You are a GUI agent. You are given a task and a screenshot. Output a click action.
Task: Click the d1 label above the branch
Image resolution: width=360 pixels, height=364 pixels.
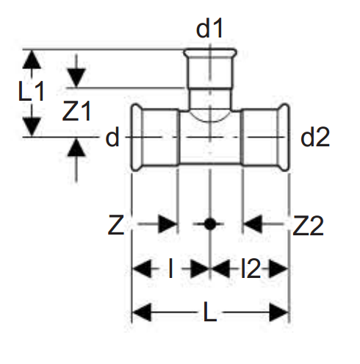(x=209, y=28)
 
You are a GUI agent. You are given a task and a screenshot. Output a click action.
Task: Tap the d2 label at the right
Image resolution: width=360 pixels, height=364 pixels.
(x=315, y=138)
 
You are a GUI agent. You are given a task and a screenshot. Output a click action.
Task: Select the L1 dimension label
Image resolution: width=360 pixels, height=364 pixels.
(x=32, y=91)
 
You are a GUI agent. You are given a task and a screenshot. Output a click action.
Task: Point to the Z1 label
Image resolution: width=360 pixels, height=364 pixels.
(x=76, y=111)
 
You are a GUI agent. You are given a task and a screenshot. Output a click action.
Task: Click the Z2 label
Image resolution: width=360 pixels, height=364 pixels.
(x=309, y=226)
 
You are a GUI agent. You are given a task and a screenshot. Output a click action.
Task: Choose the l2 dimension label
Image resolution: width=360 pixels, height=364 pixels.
(x=251, y=268)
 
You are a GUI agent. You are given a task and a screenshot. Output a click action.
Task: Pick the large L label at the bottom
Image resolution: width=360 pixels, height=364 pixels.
(x=210, y=312)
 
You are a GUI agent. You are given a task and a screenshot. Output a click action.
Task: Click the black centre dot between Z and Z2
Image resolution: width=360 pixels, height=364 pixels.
(x=210, y=224)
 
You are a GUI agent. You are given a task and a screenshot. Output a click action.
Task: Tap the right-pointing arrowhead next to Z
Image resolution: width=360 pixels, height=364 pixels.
(x=168, y=224)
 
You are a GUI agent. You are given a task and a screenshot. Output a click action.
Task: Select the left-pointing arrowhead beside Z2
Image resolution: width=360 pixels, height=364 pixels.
(x=253, y=224)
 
